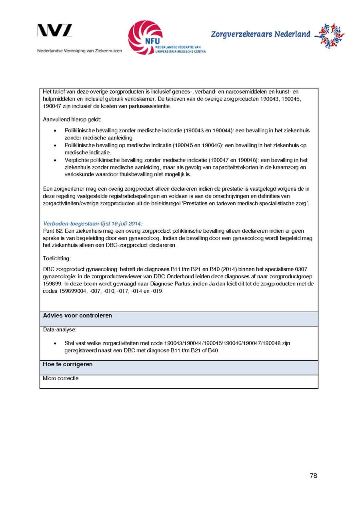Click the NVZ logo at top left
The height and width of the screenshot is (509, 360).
click(55, 31)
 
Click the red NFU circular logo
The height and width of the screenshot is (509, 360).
click(145, 37)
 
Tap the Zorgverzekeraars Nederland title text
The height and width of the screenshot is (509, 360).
click(260, 34)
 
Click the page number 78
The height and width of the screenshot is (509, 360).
click(313, 476)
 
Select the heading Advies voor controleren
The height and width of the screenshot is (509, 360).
click(78, 316)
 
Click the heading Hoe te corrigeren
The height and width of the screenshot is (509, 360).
click(68, 364)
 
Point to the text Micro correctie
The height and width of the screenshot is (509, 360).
click(61, 378)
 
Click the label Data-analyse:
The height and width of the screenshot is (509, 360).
click(60, 330)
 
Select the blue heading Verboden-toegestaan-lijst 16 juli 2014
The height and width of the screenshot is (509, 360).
click(93, 224)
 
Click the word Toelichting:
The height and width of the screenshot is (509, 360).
click(57, 259)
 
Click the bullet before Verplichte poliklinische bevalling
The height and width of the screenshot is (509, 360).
click(55, 160)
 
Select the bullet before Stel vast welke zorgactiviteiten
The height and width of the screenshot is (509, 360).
click(55, 343)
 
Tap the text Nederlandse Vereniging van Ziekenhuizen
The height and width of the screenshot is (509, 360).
click(80, 51)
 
